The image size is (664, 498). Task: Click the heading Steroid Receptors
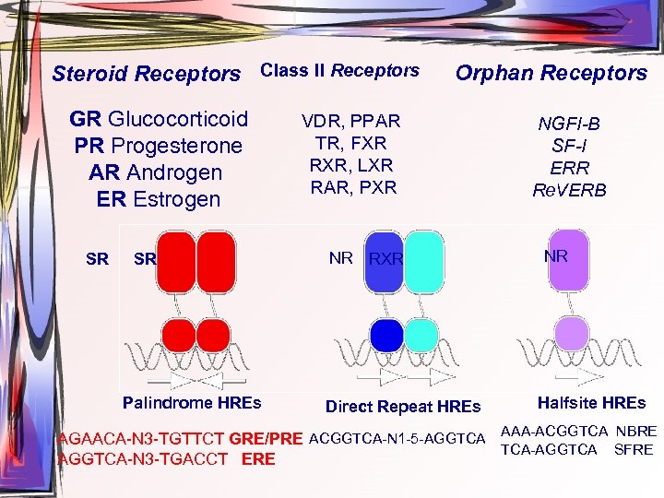[146, 73]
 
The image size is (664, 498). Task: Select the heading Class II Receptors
[339, 70]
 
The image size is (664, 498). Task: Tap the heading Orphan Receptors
[551, 73]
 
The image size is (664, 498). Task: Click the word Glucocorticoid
[178, 119]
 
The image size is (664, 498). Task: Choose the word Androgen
[174, 172]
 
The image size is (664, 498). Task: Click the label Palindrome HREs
[192, 402]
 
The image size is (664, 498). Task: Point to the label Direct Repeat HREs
[403, 407]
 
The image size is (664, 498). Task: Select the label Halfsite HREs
[591, 402]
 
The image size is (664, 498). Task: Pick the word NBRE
[636, 432]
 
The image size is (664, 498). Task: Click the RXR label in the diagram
[385, 259]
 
